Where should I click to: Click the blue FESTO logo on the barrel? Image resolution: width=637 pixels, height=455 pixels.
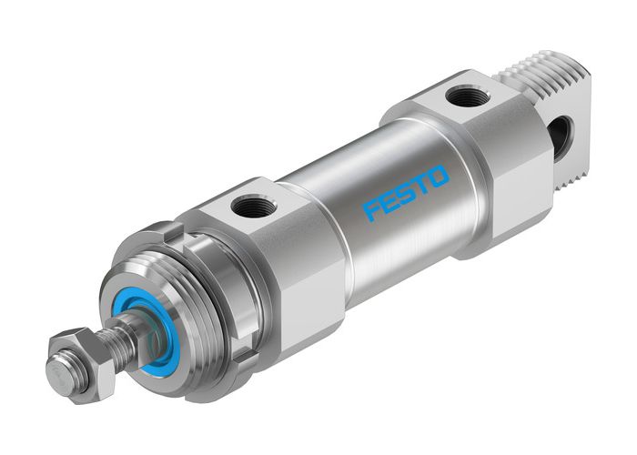click(406, 192)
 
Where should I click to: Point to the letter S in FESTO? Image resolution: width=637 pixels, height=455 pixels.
click(406, 192)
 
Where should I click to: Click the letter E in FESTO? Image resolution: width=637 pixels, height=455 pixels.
click(388, 202)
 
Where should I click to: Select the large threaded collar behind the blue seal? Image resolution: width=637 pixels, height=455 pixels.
click(205, 300)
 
